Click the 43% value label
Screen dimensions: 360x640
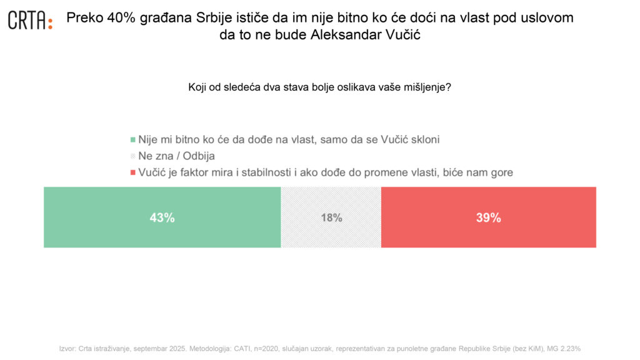[x=162, y=217]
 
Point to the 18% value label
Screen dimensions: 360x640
[x=331, y=218]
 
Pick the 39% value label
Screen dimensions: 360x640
[x=488, y=217]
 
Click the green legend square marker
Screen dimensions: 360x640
[x=132, y=140]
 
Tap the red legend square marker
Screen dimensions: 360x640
[x=132, y=173]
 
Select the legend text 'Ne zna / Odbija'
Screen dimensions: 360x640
[x=176, y=156]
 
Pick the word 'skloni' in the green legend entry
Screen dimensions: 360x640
[x=424, y=139]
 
